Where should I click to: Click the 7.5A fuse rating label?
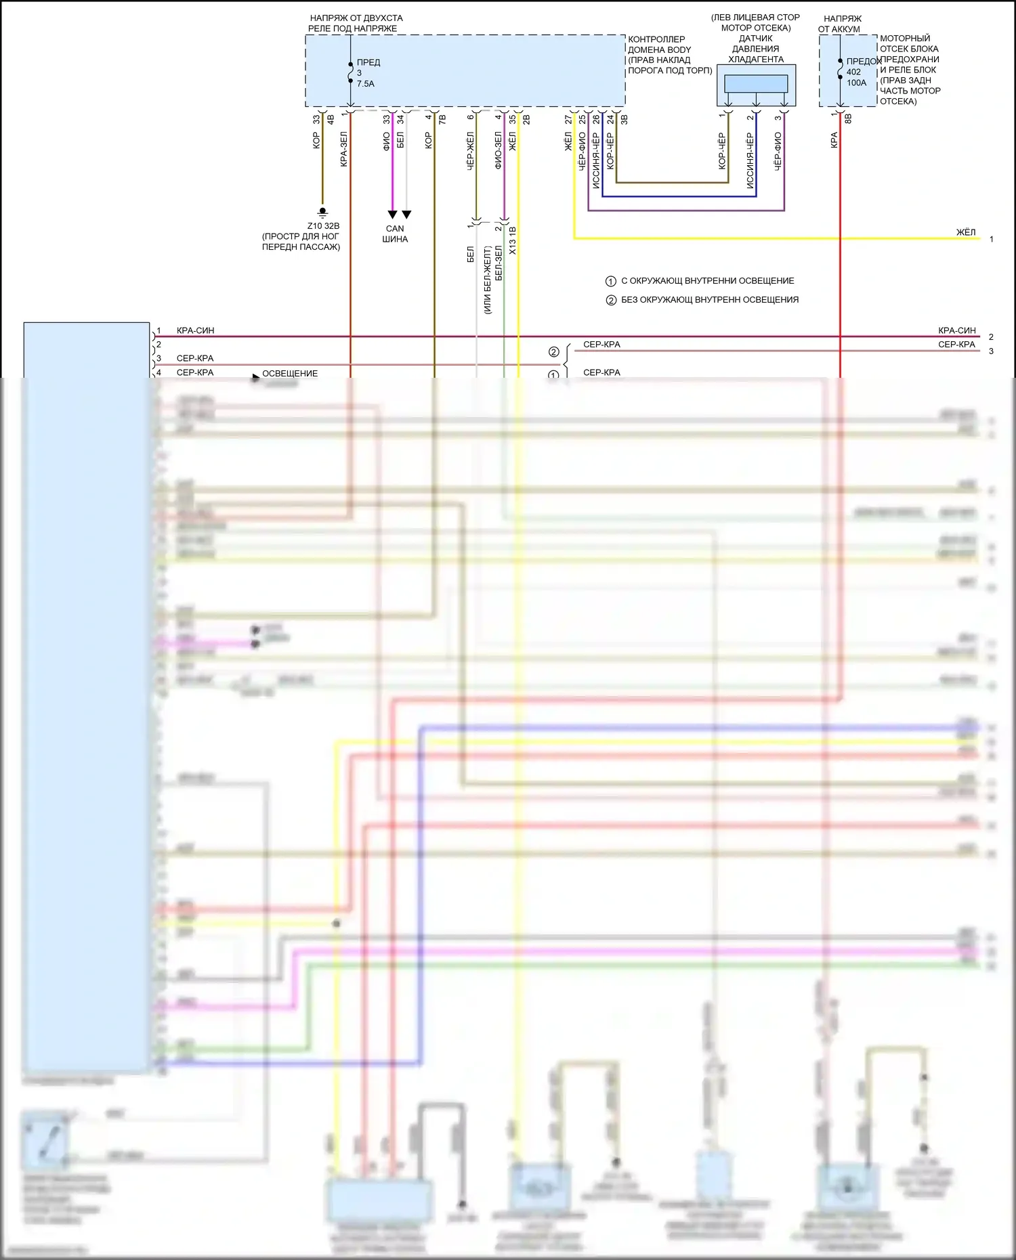(x=365, y=84)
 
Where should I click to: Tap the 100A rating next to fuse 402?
(x=856, y=83)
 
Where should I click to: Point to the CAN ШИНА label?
(x=395, y=234)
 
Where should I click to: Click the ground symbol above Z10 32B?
(x=323, y=213)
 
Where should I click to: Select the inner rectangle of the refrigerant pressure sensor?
(x=756, y=83)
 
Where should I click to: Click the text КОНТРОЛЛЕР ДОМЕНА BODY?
(x=659, y=45)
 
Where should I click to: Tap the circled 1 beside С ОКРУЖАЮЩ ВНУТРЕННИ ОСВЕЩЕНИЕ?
(x=610, y=281)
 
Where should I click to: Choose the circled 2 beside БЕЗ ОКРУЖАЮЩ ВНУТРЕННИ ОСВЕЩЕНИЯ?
(x=610, y=300)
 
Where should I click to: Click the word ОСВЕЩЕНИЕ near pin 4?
(x=290, y=373)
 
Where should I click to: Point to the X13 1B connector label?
(x=512, y=241)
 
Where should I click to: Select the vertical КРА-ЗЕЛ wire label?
(x=343, y=149)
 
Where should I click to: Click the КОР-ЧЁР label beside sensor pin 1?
(x=722, y=150)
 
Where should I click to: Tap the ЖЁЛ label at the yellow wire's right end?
(x=966, y=232)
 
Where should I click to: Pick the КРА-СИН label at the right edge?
(x=956, y=330)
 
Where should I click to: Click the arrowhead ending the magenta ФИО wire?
(x=392, y=215)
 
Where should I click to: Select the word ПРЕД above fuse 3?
(x=368, y=62)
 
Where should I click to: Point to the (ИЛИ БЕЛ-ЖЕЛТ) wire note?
(x=487, y=280)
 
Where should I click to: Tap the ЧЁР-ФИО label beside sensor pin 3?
(x=778, y=150)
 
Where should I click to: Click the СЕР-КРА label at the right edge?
(x=956, y=345)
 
